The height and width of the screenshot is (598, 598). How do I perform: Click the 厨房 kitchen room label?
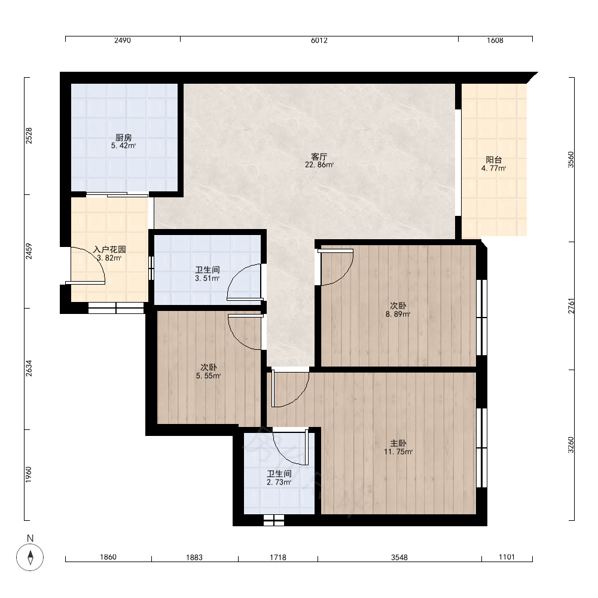click(124, 138)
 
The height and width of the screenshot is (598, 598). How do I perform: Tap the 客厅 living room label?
click(319, 157)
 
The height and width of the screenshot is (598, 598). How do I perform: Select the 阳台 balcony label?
click(493, 160)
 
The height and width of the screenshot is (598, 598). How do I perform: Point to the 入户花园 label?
click(109, 250)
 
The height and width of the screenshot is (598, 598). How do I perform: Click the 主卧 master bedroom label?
click(398, 443)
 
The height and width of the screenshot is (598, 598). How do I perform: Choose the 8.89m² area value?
click(398, 315)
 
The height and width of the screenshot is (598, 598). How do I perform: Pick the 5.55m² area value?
click(208, 376)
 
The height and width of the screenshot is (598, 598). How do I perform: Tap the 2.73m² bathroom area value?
click(279, 483)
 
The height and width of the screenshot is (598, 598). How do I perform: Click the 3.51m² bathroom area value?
click(207, 279)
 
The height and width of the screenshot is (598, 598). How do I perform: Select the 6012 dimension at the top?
click(319, 41)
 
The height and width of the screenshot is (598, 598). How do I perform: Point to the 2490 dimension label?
click(123, 41)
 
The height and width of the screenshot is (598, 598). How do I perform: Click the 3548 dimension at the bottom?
click(399, 557)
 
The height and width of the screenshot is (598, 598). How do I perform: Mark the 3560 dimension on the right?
click(570, 160)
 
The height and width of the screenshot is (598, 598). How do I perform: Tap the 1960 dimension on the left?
click(29, 475)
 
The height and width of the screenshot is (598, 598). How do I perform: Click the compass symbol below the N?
click(30, 557)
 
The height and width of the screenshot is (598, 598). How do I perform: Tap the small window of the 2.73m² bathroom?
click(274, 520)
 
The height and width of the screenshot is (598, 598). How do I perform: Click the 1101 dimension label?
click(507, 557)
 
